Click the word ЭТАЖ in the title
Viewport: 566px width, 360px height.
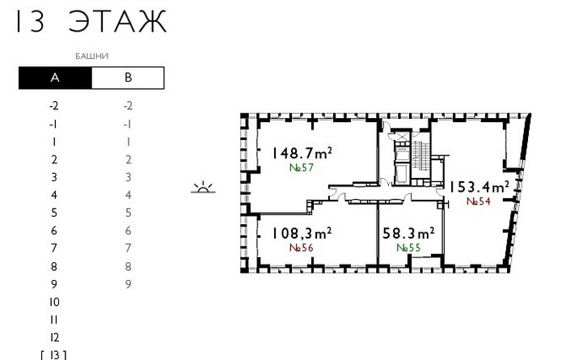(x=118, y=21)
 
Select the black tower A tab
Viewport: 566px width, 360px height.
(x=55, y=78)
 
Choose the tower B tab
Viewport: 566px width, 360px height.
(x=128, y=78)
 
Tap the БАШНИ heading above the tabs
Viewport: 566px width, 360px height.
(x=92, y=57)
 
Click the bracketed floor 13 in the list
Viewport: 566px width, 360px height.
(x=54, y=355)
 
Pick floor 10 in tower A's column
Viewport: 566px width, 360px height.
(x=54, y=302)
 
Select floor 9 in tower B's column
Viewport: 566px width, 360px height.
(x=128, y=284)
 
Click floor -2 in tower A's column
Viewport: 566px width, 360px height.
(x=54, y=106)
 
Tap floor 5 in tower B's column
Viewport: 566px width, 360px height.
(x=128, y=213)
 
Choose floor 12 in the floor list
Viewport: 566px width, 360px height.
(x=54, y=337)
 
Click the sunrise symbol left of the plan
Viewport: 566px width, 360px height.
(x=203, y=187)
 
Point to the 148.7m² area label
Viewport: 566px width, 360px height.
(x=302, y=153)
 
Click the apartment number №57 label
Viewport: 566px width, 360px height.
(x=302, y=168)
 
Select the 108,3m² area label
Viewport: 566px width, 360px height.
(x=302, y=233)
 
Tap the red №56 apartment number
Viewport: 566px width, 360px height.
(x=302, y=248)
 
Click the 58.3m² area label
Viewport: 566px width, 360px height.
(x=408, y=233)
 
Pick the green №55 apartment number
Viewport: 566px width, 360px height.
(x=408, y=248)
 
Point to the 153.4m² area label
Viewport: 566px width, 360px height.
(x=479, y=187)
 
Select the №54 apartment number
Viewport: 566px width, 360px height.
(x=479, y=201)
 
